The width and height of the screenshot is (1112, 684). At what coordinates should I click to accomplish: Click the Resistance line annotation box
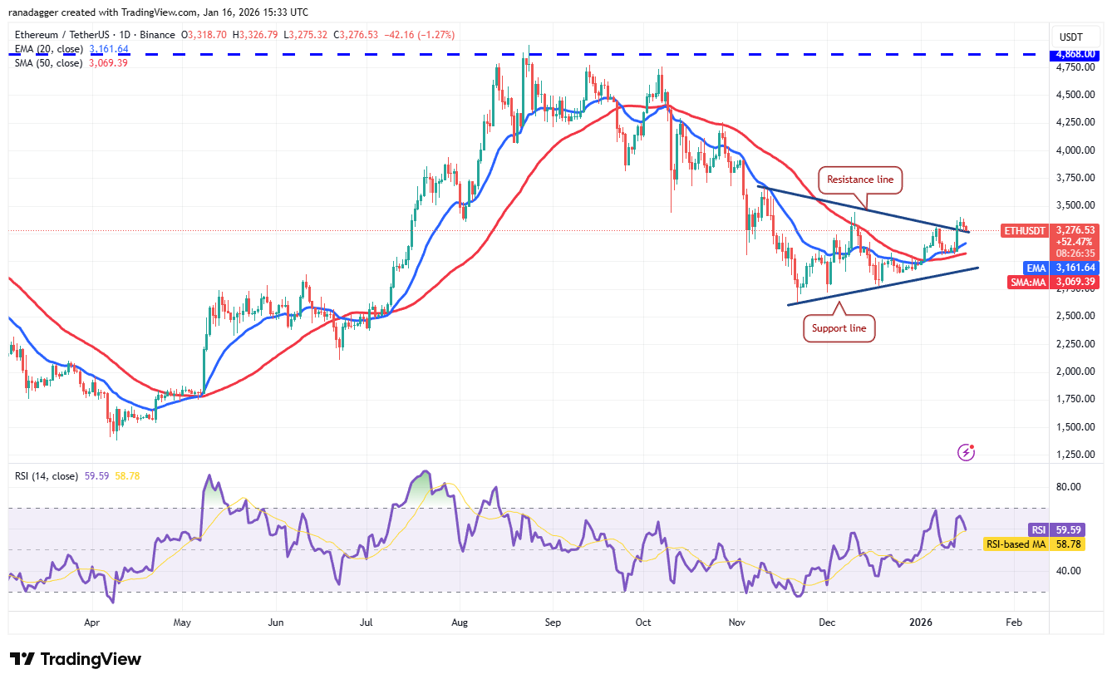859,179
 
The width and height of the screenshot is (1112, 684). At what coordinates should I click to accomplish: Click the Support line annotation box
839,328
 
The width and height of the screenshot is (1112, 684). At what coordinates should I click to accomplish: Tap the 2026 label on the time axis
920,622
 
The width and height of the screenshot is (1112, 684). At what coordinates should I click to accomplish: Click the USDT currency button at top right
1071,37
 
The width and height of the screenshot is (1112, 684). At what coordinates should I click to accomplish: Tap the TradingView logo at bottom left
76,660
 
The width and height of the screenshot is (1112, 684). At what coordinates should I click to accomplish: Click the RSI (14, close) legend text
46,476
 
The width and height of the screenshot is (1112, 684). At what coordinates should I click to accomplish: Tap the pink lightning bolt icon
966,452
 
